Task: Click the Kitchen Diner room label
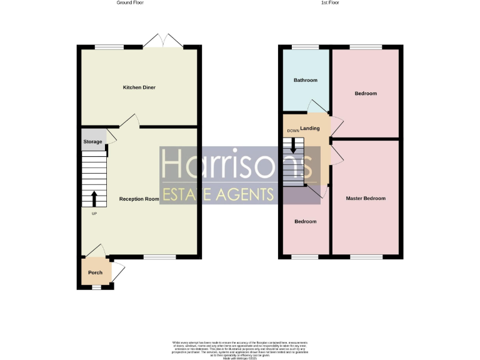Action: point(139,87)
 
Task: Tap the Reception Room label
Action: point(139,199)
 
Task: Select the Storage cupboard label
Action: point(92,142)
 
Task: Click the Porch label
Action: point(95,272)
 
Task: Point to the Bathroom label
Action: point(306,80)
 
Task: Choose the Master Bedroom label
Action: point(366,198)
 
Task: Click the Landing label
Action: point(310,128)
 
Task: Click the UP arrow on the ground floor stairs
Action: point(94,199)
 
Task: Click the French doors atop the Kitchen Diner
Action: point(162,41)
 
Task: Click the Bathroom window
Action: point(306,47)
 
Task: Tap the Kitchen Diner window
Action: point(109,47)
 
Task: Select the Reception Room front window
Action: point(159,257)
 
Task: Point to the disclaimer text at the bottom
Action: point(240,348)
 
